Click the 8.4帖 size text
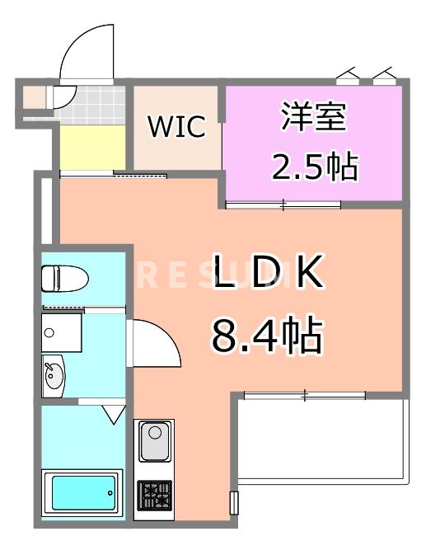266,335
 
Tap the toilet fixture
65,277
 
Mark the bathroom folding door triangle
114,412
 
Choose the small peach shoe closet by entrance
35,97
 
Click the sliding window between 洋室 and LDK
283,204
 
